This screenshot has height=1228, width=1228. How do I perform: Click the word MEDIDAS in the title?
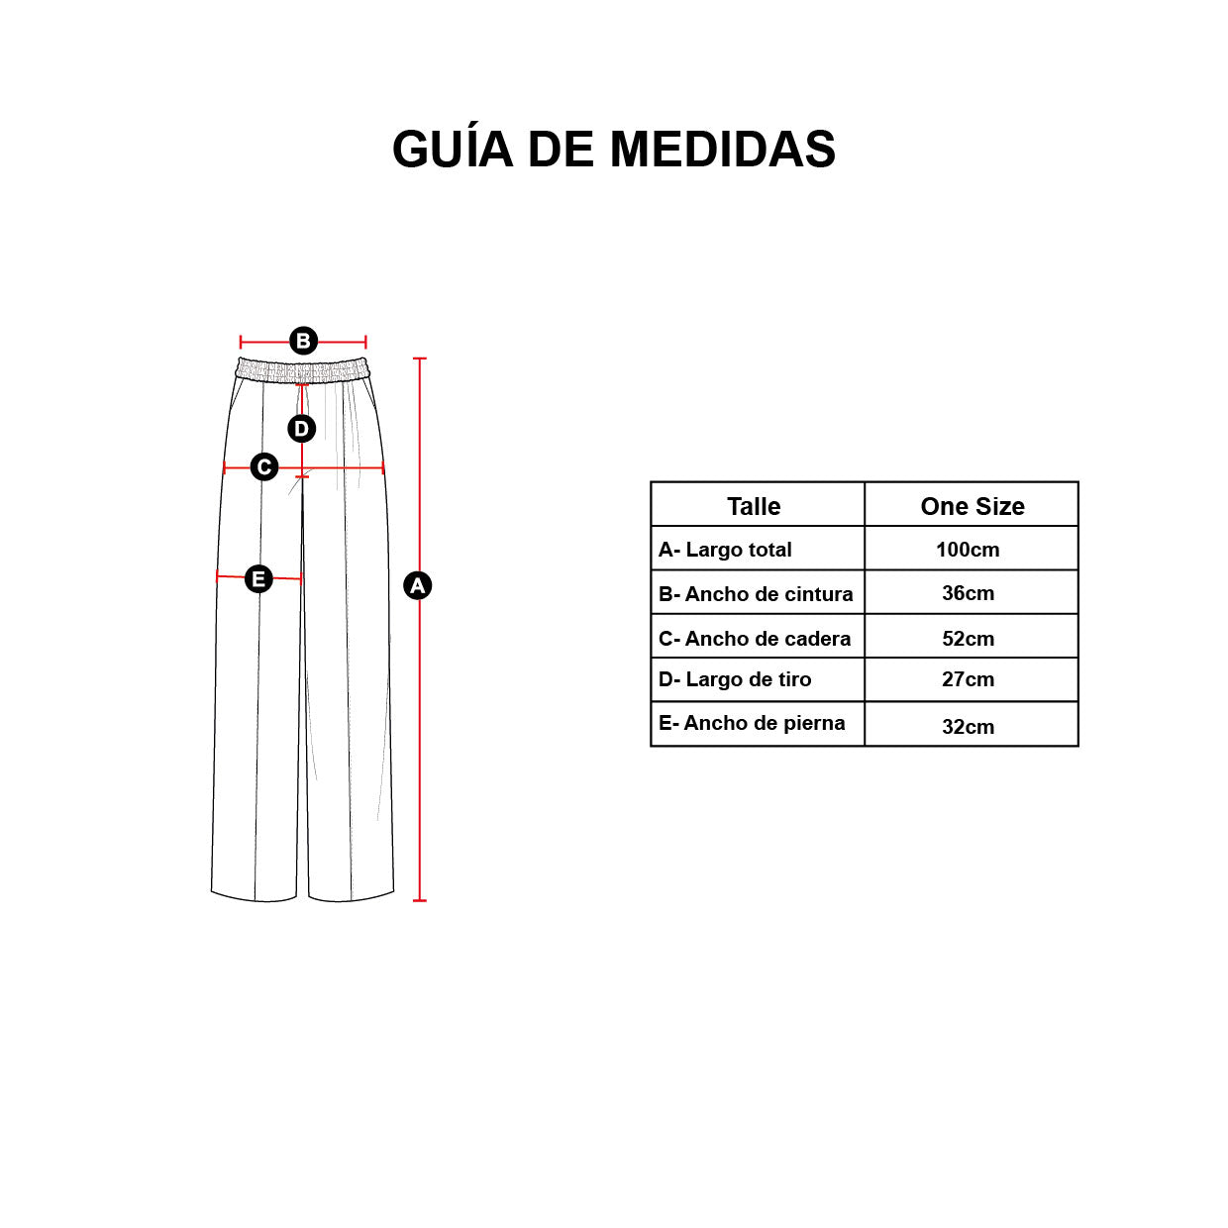(x=722, y=150)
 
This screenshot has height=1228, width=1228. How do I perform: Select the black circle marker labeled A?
(x=417, y=585)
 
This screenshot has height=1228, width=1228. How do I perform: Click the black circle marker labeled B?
(x=303, y=341)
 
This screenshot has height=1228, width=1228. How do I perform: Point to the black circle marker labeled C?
(x=263, y=467)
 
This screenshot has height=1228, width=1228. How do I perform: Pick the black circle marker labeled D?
(x=301, y=429)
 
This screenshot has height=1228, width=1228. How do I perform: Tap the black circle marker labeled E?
(x=258, y=578)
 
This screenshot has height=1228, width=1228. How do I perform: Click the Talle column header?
(x=754, y=507)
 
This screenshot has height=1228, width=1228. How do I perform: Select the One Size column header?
(x=972, y=507)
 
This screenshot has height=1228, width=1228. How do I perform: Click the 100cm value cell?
(x=968, y=550)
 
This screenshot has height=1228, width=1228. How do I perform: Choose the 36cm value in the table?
(x=968, y=593)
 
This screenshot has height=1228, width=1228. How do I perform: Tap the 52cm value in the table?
(x=968, y=639)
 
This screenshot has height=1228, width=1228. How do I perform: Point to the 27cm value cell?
(x=968, y=679)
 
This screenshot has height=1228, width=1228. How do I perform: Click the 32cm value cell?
(x=968, y=727)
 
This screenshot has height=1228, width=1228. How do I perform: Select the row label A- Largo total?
(x=725, y=550)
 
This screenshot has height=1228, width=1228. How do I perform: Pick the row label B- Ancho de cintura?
(x=756, y=594)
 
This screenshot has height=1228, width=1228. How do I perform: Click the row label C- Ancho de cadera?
(x=755, y=639)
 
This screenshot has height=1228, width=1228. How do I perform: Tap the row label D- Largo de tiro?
(x=735, y=679)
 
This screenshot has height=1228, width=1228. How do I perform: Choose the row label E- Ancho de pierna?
(x=752, y=723)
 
